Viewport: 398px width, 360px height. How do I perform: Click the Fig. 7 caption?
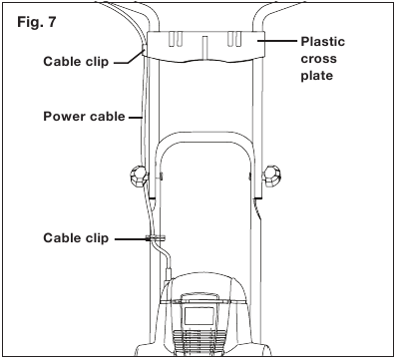37,22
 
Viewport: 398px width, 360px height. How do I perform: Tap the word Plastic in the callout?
323,42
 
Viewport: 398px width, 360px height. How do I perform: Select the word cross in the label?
319,59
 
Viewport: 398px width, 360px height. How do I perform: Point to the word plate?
317,76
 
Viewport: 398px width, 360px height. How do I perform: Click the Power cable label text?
85,117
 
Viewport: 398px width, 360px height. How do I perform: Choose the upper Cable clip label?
76,62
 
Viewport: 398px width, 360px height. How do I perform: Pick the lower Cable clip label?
76,238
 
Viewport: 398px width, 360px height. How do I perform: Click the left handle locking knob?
138,177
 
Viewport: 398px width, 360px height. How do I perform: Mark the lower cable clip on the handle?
156,238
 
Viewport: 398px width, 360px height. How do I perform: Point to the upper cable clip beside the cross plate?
144,50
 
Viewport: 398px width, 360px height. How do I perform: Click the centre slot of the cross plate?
205,46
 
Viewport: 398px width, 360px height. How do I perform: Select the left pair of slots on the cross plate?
176,39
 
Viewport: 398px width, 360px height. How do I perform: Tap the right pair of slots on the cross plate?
234,39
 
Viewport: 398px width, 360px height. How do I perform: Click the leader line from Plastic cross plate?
277,41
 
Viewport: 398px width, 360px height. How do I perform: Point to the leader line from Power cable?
136,117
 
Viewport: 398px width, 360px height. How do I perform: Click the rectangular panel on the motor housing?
199,316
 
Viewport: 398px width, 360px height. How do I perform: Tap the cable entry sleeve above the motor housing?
169,269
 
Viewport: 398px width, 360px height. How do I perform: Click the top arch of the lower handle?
203,134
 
